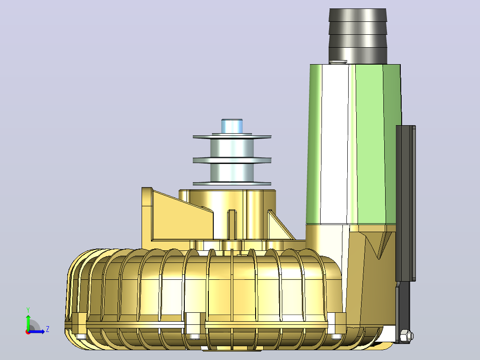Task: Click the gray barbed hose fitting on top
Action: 358,36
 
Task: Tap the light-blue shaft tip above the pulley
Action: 232,126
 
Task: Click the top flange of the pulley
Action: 232,137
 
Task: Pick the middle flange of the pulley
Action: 232,160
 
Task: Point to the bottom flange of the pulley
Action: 232,184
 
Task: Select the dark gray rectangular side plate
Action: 406,203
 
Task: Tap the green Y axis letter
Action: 28,310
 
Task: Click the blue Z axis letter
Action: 48,329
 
